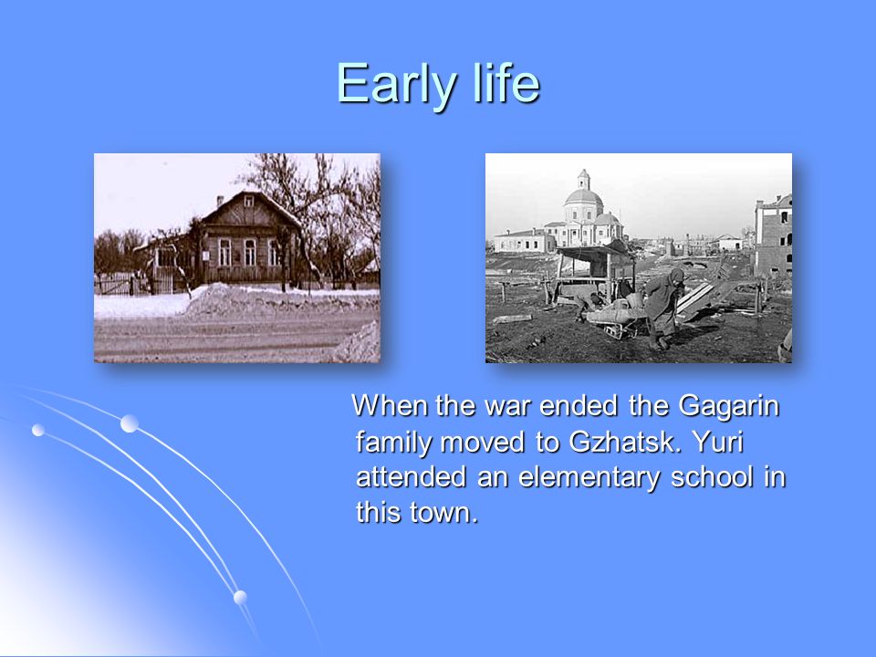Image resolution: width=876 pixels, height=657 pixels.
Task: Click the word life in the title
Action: pyautogui.click(x=506, y=83)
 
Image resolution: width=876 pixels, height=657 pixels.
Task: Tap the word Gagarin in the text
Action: pyautogui.click(x=728, y=407)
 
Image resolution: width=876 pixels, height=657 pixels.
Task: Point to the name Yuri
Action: pyautogui.click(x=718, y=442)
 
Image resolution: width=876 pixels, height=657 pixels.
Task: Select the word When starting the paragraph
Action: pyautogui.click(x=390, y=405)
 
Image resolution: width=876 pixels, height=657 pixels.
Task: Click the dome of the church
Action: pyautogui.click(x=583, y=197)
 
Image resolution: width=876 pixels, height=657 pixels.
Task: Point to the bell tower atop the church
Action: pyautogui.click(x=583, y=179)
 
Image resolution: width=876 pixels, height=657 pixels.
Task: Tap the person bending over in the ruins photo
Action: pyautogui.click(x=664, y=308)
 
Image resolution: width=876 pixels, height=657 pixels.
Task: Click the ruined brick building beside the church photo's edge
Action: pyautogui.click(x=773, y=235)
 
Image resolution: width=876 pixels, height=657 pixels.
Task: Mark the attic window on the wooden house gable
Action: pyautogui.click(x=248, y=202)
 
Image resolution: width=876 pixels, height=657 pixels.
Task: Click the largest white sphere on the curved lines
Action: pyautogui.click(x=130, y=423)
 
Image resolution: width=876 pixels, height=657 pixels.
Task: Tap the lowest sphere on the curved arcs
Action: pyautogui.click(x=240, y=597)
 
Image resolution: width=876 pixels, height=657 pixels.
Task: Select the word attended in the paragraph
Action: pyautogui.click(x=411, y=477)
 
